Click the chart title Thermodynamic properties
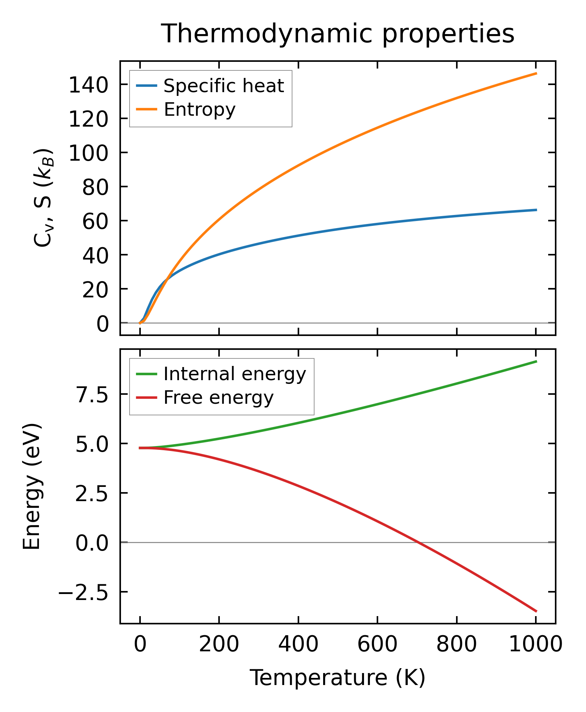[337, 34]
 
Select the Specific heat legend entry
[224, 86]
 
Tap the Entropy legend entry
[199, 110]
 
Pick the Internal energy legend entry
[234, 374]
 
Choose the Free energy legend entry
[218, 397]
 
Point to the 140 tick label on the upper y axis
[88, 86]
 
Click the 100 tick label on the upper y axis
[88, 154]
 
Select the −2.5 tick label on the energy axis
[83, 593]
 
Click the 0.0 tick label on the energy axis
[92, 544]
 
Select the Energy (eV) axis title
[32, 487]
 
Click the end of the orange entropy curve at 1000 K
[536, 73]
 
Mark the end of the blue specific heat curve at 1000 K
[536, 210]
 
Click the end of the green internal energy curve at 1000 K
[536, 361]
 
